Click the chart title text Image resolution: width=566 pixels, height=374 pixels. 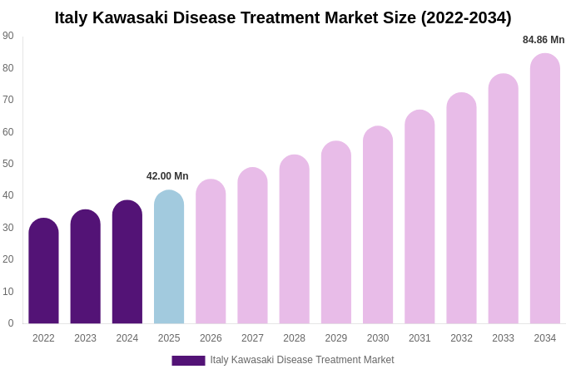point(283,17)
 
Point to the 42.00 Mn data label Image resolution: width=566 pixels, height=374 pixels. point(167,176)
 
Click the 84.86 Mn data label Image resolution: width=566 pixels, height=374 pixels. point(544,40)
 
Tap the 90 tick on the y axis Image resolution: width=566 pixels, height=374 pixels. point(8,36)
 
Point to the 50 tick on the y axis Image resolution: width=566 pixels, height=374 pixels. point(8,164)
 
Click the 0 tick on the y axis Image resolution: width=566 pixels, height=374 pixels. point(11,323)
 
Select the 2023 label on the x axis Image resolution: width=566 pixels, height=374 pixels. point(85,338)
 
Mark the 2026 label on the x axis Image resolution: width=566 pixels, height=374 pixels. point(211,338)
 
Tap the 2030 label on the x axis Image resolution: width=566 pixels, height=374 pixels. point(378,338)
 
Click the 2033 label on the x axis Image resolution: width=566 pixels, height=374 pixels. point(503,338)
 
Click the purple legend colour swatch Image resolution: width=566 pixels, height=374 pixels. point(188,361)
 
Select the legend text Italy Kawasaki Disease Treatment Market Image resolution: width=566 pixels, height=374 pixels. point(302,360)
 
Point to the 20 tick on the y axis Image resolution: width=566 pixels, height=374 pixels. point(8,259)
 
